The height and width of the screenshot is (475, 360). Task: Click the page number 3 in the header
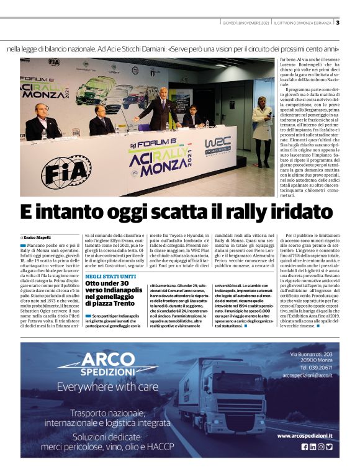tap(338, 23)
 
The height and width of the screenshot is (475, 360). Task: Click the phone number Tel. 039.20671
tap(315, 367)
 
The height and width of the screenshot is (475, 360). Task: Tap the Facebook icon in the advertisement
tap(304, 446)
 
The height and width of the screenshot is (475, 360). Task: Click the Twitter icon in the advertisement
tap(329, 446)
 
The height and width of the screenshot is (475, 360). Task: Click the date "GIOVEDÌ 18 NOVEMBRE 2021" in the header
tap(247, 24)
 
